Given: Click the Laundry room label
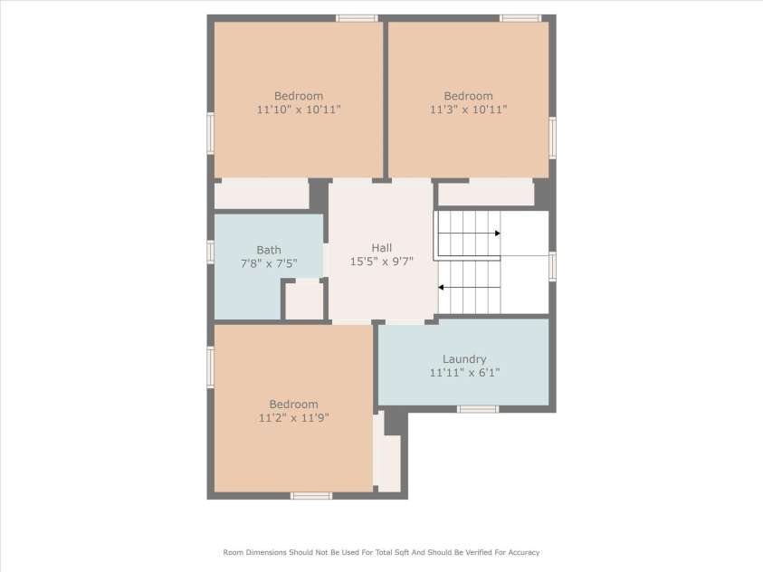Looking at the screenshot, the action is click(464, 359).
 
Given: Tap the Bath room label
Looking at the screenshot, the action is click(269, 250).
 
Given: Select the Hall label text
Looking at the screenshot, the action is click(382, 248).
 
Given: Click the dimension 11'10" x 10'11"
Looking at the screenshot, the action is click(299, 110).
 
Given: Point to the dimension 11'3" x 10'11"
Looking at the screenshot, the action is click(468, 110).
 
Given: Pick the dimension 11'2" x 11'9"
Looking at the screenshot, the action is click(293, 417).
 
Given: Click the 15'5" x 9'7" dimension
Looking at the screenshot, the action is click(382, 262).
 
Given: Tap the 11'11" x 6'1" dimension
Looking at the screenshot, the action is click(464, 373).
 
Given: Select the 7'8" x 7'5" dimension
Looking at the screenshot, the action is click(269, 263).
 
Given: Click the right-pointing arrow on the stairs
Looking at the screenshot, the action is click(469, 234).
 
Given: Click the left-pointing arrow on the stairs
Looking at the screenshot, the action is click(469, 288).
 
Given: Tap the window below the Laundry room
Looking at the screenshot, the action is click(478, 409).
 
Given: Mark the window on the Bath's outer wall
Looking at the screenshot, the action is click(210, 252).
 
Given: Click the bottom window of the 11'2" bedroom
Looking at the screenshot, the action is click(311, 496).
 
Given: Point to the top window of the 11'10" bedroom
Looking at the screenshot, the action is click(357, 18).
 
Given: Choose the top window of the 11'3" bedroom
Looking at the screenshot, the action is click(520, 18).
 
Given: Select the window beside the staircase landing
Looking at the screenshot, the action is click(552, 266).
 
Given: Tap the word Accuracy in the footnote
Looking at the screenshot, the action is click(523, 552).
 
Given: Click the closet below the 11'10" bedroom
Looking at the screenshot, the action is click(262, 194).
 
